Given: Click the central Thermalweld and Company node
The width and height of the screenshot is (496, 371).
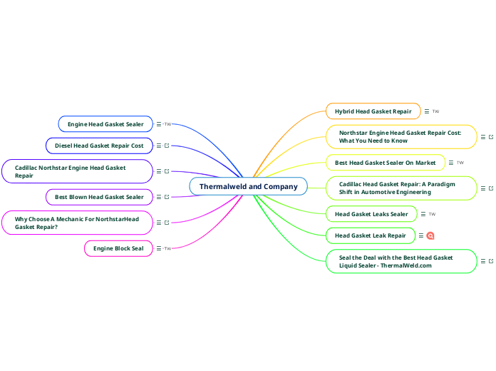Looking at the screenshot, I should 248,186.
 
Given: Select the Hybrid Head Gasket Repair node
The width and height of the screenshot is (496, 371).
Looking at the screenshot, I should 373,111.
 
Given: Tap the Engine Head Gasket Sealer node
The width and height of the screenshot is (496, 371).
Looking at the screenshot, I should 105,124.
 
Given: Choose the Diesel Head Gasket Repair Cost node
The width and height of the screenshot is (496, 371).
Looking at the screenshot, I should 99,146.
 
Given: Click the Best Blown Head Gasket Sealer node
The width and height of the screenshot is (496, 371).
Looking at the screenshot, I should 99,196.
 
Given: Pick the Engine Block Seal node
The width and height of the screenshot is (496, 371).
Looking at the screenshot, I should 118,248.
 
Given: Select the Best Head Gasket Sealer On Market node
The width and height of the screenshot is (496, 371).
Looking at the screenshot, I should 385,163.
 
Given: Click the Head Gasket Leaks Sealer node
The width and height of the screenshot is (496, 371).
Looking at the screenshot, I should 371,214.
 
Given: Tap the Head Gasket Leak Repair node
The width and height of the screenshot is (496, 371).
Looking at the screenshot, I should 370,235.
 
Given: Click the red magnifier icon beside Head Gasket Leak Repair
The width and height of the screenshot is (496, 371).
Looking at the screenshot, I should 430,235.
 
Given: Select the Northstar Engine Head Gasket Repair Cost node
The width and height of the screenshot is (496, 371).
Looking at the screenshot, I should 401,136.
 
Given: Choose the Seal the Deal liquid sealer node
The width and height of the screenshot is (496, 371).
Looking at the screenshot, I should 401,261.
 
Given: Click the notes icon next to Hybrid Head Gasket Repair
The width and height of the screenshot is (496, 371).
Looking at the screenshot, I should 427,111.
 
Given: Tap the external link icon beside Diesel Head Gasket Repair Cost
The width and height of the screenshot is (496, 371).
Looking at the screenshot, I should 167,146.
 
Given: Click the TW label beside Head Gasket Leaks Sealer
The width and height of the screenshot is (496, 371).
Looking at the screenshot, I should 432,214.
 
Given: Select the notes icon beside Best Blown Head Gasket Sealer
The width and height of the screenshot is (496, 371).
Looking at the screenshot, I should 159,197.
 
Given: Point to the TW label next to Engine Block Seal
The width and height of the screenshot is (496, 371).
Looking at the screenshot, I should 168,248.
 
